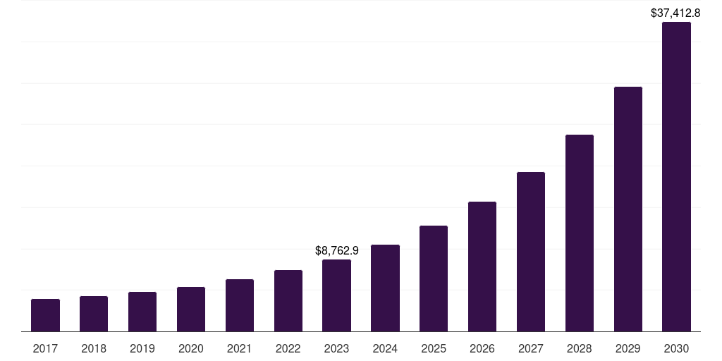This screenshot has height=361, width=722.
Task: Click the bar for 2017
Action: coord(45,315)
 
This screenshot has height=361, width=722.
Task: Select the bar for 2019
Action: coord(142,312)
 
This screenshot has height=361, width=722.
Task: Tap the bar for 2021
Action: coord(240,305)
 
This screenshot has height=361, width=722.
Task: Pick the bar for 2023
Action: coord(336,295)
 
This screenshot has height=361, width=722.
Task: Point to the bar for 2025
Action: coord(434,279)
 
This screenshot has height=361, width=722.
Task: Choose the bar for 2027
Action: coord(531,252)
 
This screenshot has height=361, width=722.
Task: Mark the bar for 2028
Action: coord(580,233)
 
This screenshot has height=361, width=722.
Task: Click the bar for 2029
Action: coord(628,209)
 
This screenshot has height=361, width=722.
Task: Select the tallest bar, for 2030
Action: coord(677,176)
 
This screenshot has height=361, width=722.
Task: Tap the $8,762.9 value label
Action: coord(337,250)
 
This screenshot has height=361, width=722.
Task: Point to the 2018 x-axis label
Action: coord(94,348)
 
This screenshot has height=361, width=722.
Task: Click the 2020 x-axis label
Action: coord(191,348)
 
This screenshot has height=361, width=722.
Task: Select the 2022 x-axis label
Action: coord(288,348)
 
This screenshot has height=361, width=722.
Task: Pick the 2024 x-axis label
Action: coord(385,348)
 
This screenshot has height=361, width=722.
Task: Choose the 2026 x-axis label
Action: coord(482,348)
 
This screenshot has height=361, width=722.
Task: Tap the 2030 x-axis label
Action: coord(677,348)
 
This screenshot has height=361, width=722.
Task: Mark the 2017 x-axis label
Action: coord(45,348)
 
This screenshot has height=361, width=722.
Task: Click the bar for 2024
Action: coord(385,288)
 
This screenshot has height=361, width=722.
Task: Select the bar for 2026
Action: coord(482,267)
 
